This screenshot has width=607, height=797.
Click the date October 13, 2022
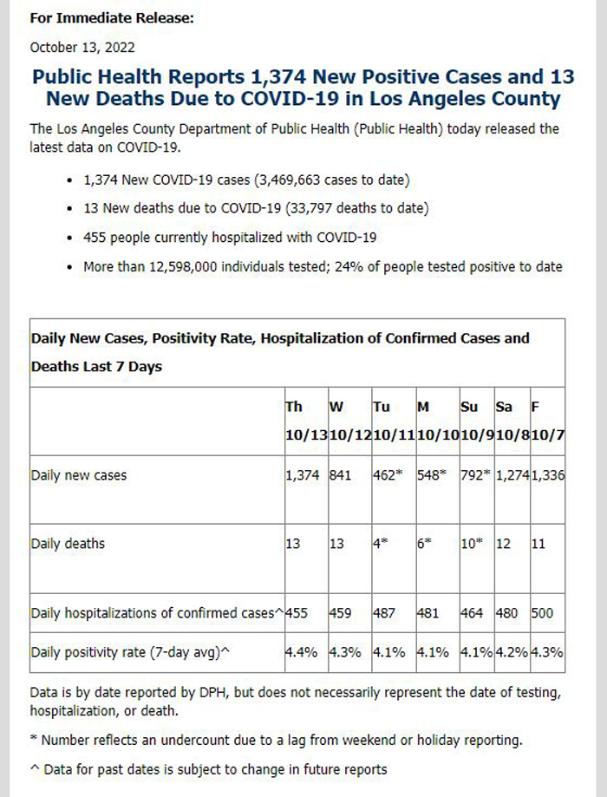(x=82, y=48)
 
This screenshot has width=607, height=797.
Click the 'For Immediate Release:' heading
(x=112, y=18)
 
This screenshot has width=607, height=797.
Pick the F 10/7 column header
(x=547, y=421)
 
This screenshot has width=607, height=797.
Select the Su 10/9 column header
(x=477, y=421)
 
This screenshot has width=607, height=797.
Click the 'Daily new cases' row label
(x=79, y=475)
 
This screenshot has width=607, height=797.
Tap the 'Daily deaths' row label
(x=68, y=544)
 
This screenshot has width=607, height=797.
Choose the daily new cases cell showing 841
(x=341, y=475)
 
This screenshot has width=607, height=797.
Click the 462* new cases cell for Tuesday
(x=388, y=475)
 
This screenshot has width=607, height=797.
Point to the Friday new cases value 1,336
(x=548, y=475)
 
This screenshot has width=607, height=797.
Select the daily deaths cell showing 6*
(x=425, y=544)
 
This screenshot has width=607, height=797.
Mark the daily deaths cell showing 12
(x=503, y=544)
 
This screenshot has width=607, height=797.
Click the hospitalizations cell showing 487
(x=384, y=613)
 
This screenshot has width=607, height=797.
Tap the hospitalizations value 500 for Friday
(x=542, y=613)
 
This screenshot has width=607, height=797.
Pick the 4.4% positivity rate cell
(x=302, y=652)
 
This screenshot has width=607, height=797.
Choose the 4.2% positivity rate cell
(x=512, y=652)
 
